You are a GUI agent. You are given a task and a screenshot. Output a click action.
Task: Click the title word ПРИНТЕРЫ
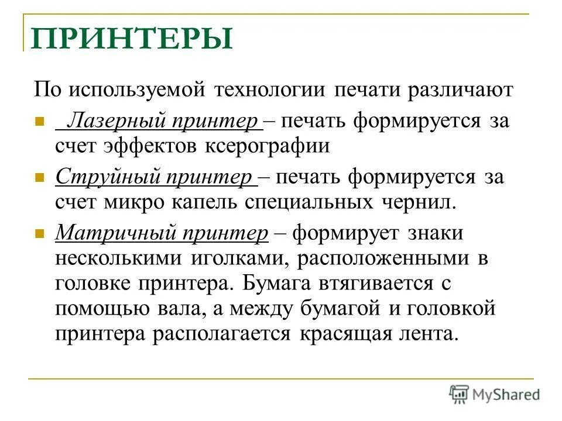point(132,38)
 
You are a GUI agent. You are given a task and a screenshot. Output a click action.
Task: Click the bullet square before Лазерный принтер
point(40,123)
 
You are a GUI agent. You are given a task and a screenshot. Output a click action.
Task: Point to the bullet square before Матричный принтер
point(40,233)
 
